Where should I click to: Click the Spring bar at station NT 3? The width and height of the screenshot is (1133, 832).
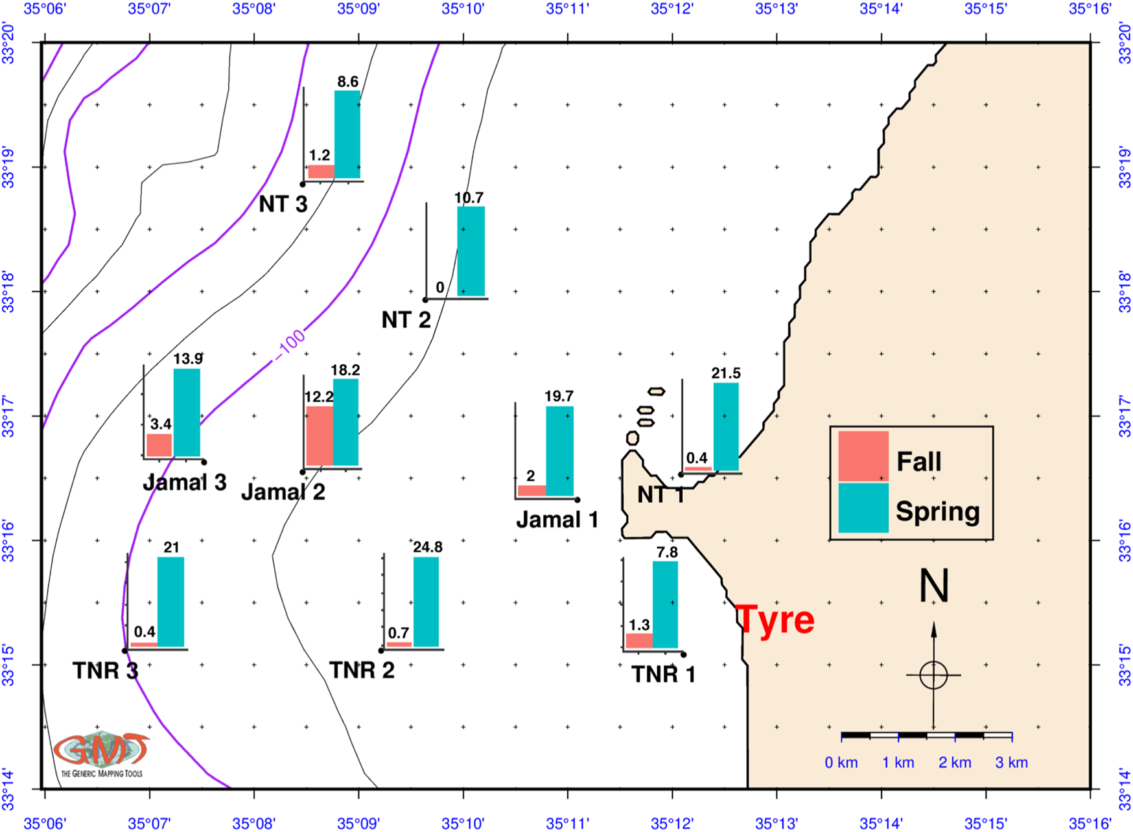tap(347, 134)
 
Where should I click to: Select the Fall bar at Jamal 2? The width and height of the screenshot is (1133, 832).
tap(319, 435)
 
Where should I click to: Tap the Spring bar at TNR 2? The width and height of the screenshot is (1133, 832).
tap(426, 602)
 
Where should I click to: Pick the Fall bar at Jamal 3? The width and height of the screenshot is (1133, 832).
tap(159, 445)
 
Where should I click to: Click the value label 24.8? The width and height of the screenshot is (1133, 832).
tap(428, 548)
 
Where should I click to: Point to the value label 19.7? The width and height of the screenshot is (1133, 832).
tap(559, 396)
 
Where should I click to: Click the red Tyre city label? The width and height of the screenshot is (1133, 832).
tap(775, 619)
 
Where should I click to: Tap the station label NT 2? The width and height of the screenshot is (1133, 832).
tap(406, 319)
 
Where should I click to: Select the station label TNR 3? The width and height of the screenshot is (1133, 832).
tap(105, 671)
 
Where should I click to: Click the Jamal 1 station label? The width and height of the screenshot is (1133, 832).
tap(557, 520)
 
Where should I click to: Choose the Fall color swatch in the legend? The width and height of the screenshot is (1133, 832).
tap(863, 457)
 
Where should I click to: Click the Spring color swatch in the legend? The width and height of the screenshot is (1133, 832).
tap(863, 509)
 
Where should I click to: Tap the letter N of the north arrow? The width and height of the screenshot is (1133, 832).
tap(934, 586)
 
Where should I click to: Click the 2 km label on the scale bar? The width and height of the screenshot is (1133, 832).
tap(955, 763)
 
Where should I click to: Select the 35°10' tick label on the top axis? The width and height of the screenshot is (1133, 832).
tap(463, 9)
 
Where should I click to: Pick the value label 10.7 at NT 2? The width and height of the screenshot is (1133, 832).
tap(469, 198)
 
